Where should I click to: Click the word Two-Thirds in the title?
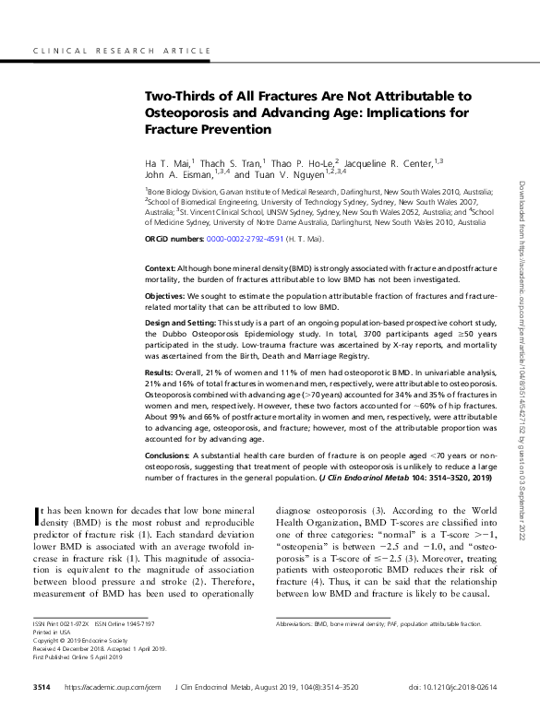click(179, 96)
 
